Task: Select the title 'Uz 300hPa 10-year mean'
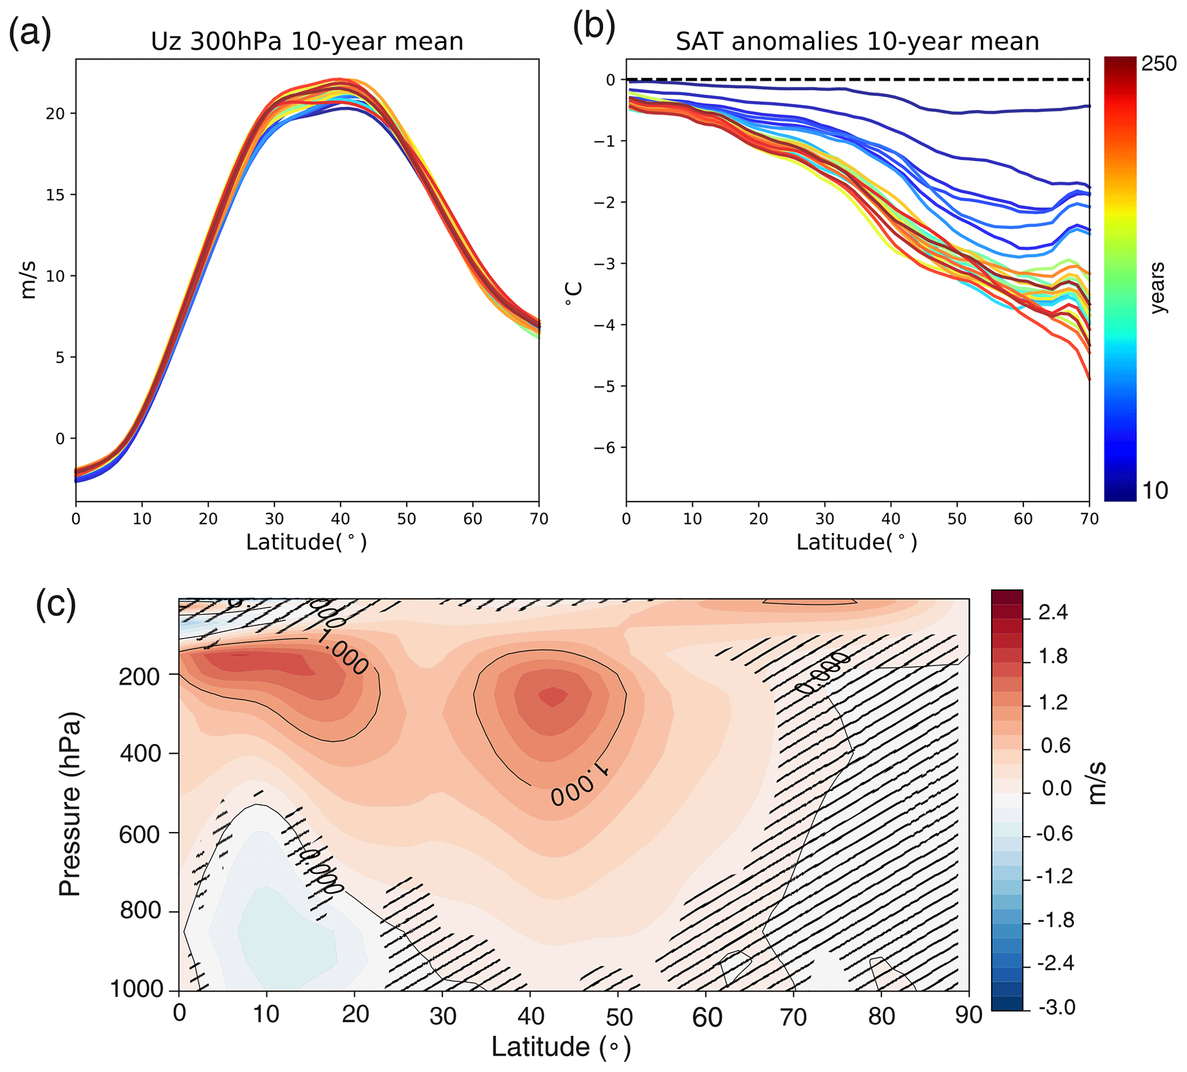[307, 42]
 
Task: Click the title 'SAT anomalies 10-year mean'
[857, 42]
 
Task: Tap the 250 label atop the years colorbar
[1159, 64]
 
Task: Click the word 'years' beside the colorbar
[1158, 288]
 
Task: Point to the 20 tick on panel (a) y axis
[55, 114]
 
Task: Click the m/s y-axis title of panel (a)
[28, 280]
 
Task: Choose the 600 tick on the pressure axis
[140, 834]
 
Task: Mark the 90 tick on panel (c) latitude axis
[969, 1016]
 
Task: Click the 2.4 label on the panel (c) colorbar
[1053, 613]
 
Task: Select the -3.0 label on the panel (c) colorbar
[1056, 1007]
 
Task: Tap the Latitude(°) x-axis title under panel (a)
[306, 541]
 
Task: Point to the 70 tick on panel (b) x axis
[1089, 518]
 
